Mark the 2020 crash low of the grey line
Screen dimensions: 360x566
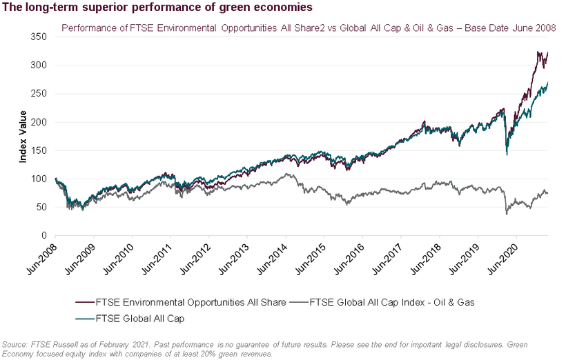pyautogui.click(x=507, y=214)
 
